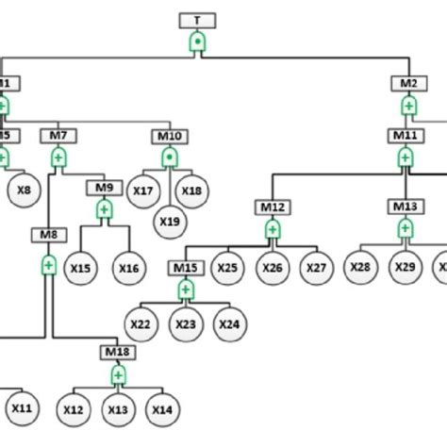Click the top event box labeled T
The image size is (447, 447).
[x=196, y=21]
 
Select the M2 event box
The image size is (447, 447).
[x=407, y=83]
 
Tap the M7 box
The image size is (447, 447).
[x=58, y=135]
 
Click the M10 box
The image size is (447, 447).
[x=170, y=135]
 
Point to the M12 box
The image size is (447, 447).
[x=273, y=206]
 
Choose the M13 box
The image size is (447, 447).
[x=405, y=206]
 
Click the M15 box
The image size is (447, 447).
[x=185, y=269]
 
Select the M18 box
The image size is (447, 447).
[x=118, y=353]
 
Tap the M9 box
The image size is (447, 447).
[x=104, y=186]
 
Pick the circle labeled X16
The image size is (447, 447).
[x=128, y=269]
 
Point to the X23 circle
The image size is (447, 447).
[x=185, y=324]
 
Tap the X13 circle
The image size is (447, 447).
[x=118, y=408]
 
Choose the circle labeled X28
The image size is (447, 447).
[x=359, y=269]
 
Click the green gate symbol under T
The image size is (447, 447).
[x=196, y=41]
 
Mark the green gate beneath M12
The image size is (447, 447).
[x=273, y=229]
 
